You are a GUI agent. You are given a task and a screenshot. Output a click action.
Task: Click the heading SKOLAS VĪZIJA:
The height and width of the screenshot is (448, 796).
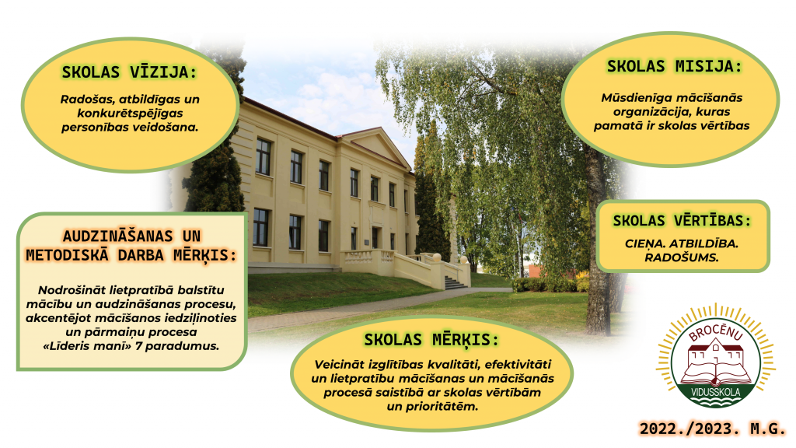pos(129,72)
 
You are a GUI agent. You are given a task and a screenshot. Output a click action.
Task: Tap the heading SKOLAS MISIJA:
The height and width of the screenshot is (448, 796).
pos(674,66)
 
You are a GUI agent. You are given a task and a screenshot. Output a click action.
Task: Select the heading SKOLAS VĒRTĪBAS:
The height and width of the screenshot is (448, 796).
pos(682,220)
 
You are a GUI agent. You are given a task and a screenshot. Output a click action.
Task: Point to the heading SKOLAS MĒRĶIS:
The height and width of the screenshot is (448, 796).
pos(431,339)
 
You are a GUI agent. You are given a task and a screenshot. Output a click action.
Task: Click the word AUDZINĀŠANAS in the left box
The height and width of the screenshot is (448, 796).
pos(117,236)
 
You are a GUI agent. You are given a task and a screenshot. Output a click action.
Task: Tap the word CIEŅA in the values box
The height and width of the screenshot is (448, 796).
pos(644,243)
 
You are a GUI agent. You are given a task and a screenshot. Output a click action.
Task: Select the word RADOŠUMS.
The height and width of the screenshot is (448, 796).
pos(681,257)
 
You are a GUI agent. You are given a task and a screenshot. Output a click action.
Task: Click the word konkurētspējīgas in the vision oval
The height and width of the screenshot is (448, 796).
pos(130,114)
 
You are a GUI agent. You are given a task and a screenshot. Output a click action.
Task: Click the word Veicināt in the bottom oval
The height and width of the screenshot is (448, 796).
pos(334,364)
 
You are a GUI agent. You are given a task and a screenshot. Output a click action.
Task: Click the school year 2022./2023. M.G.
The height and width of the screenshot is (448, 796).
pos(712,429)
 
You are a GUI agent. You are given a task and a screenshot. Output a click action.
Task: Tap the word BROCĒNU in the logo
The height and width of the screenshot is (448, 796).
pos(715,331)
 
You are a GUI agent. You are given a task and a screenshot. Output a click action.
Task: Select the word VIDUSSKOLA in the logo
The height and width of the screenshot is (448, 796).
pos(715,392)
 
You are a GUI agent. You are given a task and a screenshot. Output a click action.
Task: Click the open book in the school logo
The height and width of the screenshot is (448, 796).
pos(715,376)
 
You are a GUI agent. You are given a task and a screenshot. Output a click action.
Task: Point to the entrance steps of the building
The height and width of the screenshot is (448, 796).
pos(455,283)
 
